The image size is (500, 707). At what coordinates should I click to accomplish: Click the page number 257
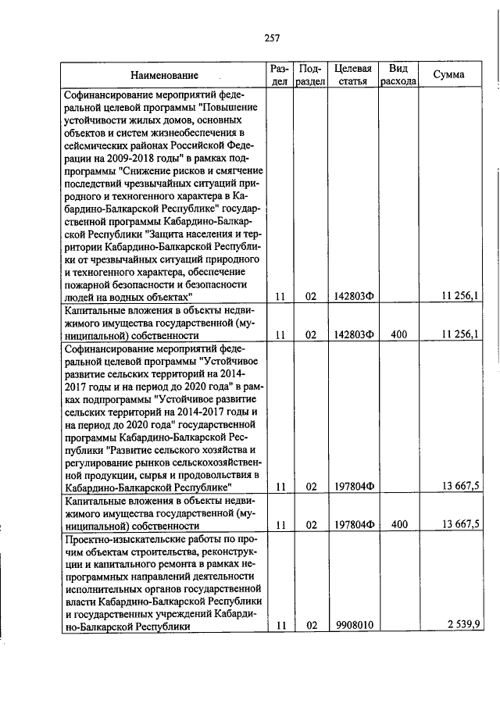point(272,38)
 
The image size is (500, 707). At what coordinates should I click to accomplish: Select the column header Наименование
point(164,75)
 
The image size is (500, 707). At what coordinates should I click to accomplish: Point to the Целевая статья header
point(352,75)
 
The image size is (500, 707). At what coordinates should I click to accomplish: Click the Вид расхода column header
point(398,75)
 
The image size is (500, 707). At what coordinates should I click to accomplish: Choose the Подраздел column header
point(311,75)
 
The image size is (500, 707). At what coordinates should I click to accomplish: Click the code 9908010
point(352,625)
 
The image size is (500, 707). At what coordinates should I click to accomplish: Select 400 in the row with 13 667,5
point(399,524)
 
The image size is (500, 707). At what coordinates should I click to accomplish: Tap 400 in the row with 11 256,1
point(399,334)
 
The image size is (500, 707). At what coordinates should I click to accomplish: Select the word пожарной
point(90,284)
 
